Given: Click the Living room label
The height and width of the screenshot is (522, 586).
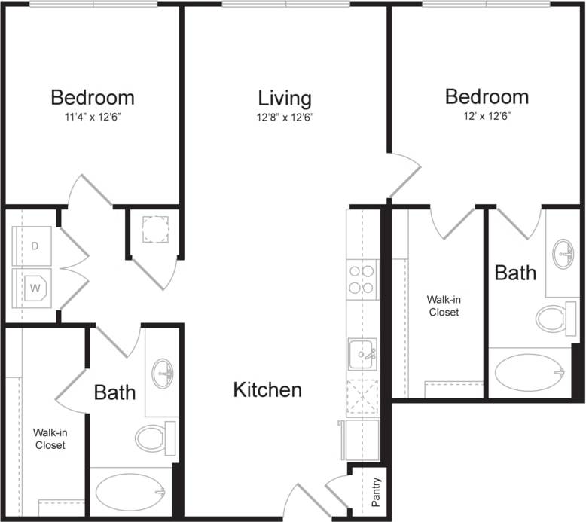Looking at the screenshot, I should [285, 99].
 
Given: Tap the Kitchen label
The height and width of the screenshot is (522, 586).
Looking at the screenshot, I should [267, 389].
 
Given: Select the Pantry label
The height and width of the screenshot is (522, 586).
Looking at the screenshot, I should [376, 492].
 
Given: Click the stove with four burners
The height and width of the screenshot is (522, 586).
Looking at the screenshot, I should [362, 280].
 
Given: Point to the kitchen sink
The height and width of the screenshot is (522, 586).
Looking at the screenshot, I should [362, 353].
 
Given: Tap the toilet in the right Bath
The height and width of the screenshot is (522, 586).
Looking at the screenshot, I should [556, 319].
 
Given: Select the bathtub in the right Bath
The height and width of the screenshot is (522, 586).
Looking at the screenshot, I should [530, 372].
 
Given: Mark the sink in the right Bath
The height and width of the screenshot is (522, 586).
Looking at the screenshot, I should [562, 254].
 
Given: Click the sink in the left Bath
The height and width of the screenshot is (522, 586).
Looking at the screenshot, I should [163, 374].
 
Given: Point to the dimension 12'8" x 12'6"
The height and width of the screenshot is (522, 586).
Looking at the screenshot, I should [285, 117].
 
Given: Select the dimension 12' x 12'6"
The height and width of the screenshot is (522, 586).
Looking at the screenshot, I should [487, 116].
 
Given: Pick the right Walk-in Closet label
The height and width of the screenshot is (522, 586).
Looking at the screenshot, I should [444, 305].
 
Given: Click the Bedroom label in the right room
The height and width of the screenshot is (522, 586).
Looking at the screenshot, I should [487, 96].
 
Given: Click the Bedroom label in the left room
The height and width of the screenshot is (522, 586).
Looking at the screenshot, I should [93, 97].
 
